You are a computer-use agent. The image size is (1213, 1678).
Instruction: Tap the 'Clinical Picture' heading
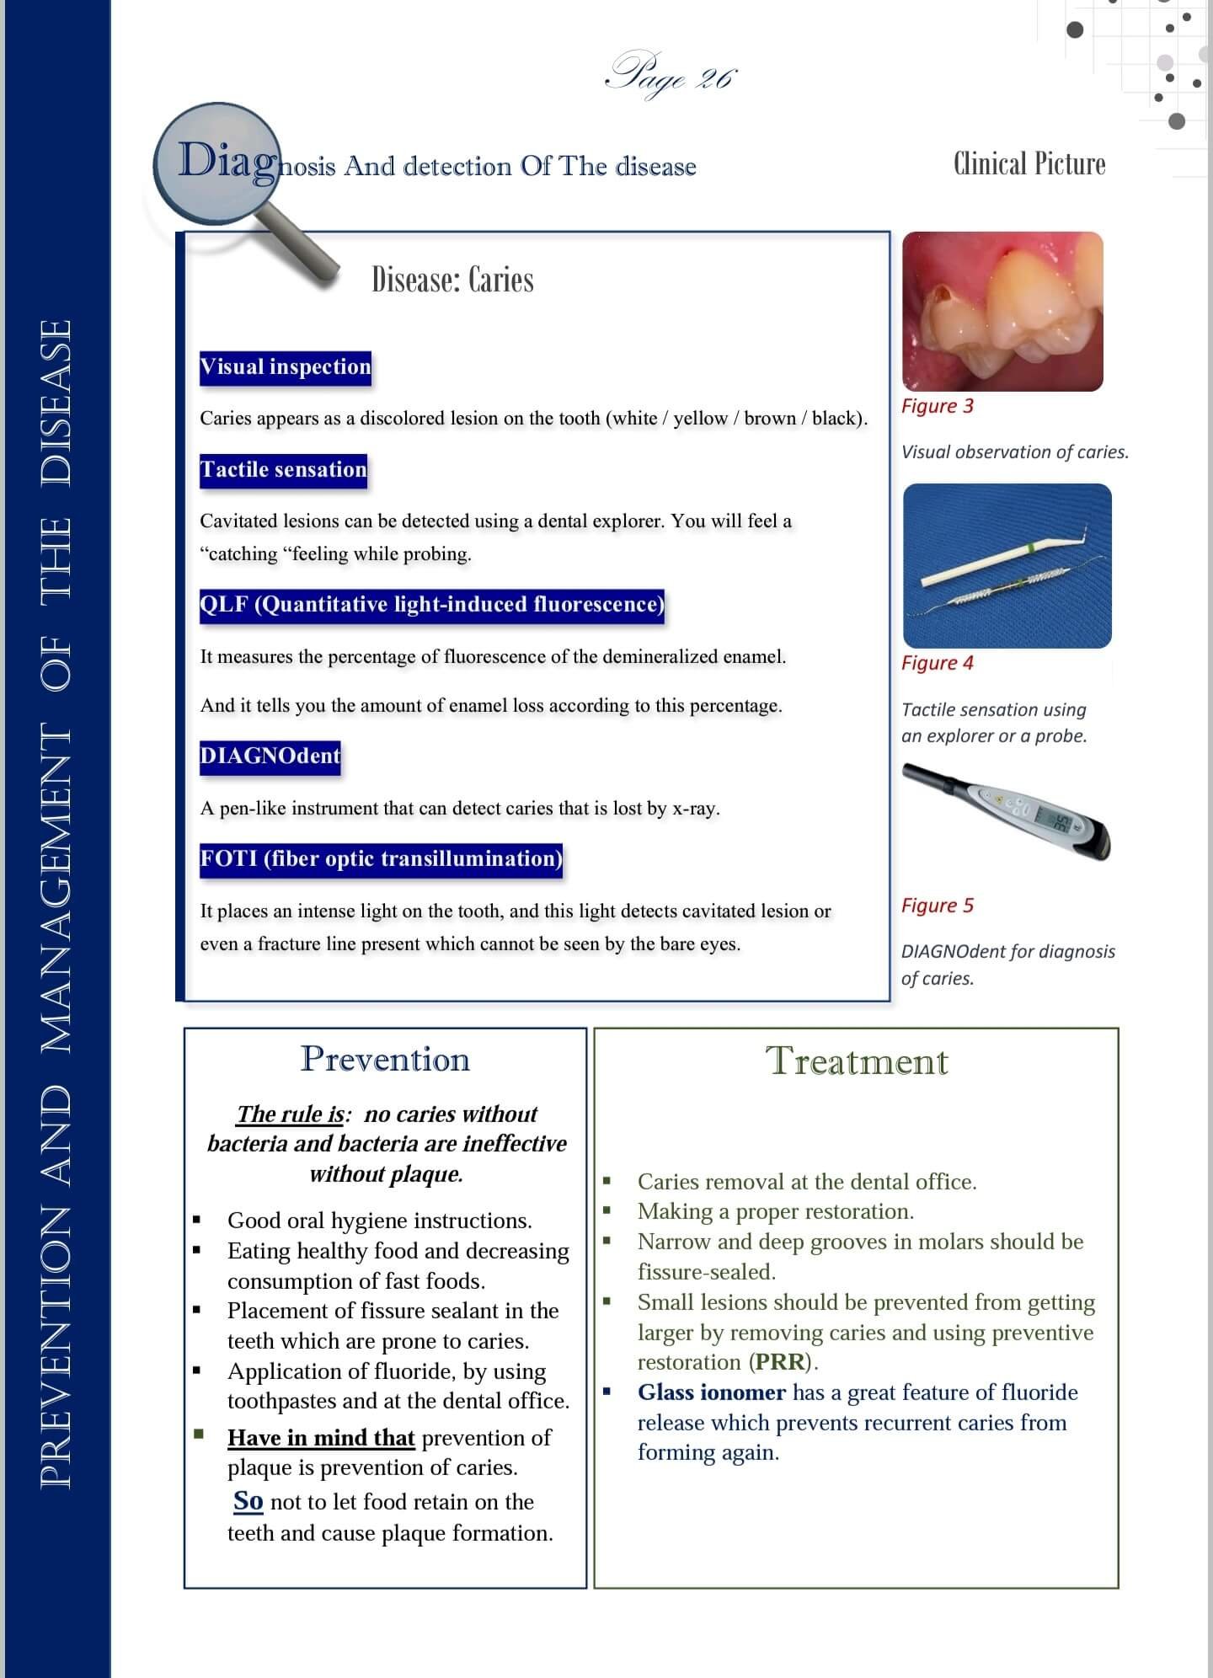coord(1029,163)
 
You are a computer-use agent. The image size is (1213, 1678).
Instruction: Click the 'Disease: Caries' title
coord(452,280)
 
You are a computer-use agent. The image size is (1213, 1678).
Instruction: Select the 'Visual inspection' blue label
coord(286,367)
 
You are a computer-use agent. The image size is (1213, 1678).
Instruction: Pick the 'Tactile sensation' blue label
coord(283,470)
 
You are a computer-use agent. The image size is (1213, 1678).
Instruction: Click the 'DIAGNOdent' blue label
coord(270,756)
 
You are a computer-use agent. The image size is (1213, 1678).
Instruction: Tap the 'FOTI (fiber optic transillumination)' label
coord(381,859)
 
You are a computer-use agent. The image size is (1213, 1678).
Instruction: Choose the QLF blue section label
coord(431,605)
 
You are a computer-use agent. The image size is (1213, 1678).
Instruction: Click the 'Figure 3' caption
coord(937,406)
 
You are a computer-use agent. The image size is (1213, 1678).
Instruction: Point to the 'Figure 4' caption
coord(937,663)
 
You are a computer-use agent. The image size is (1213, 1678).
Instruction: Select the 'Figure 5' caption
coord(937,906)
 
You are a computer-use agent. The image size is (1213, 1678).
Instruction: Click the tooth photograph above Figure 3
coord(1002,311)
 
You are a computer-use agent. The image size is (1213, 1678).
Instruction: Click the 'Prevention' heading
coord(385,1059)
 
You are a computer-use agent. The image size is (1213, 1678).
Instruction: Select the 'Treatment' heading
coord(856,1061)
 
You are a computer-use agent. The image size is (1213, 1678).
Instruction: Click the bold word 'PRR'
coord(779,1362)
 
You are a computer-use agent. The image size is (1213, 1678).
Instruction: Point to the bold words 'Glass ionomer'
coord(711,1392)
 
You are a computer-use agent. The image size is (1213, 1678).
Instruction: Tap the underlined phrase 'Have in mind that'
coord(321,1437)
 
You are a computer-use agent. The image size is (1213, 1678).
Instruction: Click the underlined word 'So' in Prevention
coord(248,1501)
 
